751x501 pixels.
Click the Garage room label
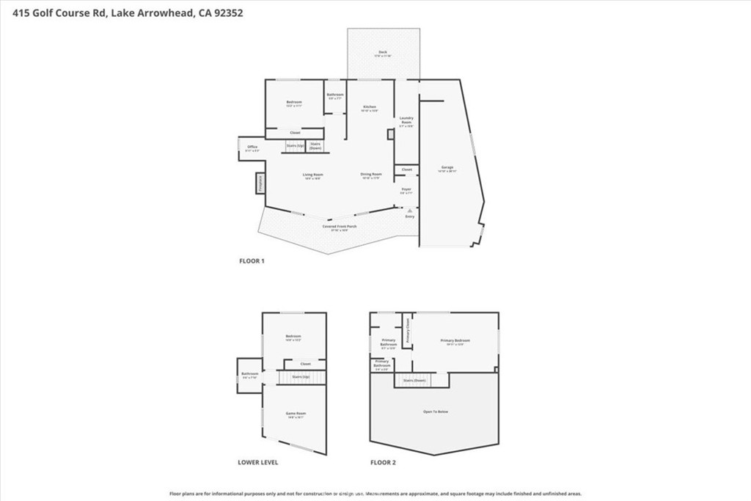coord(447,168)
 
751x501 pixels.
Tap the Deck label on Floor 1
coord(382,53)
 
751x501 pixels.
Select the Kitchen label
coord(370,108)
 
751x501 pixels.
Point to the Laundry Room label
coord(406,121)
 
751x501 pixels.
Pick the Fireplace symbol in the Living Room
coord(260,183)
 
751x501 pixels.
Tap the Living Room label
coord(313,175)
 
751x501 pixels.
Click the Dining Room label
coord(371,175)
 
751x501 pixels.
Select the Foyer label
coord(406,190)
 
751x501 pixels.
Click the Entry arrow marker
coord(410,210)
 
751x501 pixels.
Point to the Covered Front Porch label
coord(340,227)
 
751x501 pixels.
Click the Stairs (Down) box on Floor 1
coord(315,146)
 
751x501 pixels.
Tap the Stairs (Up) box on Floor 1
coord(296,146)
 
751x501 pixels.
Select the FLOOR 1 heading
coord(252,261)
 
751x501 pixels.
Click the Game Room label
coord(296,414)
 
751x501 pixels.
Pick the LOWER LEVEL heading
coord(257,462)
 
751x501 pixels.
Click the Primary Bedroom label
coord(455,341)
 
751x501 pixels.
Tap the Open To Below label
coord(435,412)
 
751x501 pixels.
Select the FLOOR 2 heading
coord(382,462)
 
